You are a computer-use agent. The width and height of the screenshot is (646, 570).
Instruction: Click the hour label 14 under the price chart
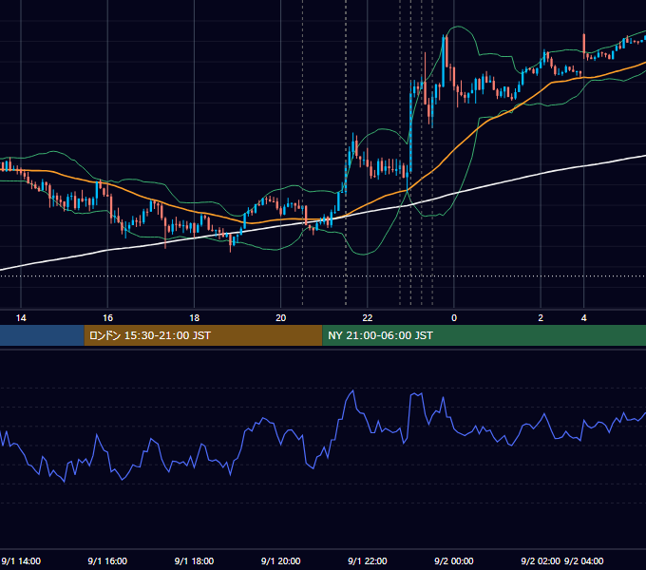(x=21, y=318)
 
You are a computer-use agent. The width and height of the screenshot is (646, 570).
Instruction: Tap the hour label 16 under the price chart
(x=107, y=318)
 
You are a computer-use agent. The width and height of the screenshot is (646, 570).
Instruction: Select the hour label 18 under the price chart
(x=194, y=318)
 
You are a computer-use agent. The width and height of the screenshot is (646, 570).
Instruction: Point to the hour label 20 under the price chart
(x=280, y=318)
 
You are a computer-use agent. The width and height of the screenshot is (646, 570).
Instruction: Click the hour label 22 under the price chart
(x=367, y=318)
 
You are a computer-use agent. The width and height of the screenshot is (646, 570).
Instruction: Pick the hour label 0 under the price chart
(x=454, y=318)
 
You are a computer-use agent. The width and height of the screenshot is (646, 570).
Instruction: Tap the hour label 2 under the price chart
(x=541, y=318)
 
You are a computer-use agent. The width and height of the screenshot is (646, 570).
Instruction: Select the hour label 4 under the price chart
(x=584, y=318)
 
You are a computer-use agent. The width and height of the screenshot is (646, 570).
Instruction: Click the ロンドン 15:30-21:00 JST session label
(x=149, y=335)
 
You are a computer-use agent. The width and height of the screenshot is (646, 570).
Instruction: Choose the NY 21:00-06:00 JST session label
(x=380, y=335)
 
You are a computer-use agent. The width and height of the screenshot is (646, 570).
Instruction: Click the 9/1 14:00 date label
(x=21, y=560)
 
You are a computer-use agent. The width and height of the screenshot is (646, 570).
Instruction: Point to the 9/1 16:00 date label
(x=107, y=560)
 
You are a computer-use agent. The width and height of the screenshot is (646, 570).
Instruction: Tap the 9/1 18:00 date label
(x=194, y=560)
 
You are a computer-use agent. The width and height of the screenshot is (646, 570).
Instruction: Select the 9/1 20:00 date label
(x=280, y=560)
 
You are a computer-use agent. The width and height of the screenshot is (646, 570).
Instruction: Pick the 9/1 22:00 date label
(x=367, y=560)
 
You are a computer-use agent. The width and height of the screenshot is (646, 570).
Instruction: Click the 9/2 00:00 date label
(x=453, y=560)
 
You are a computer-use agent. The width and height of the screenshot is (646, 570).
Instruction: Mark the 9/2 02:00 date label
(x=541, y=560)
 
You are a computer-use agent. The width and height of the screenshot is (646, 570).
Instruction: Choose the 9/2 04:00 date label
(x=584, y=560)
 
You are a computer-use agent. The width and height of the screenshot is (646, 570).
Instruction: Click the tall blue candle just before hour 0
(x=444, y=62)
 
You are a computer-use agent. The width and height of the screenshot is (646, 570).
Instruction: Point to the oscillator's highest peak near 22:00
(x=353, y=390)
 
